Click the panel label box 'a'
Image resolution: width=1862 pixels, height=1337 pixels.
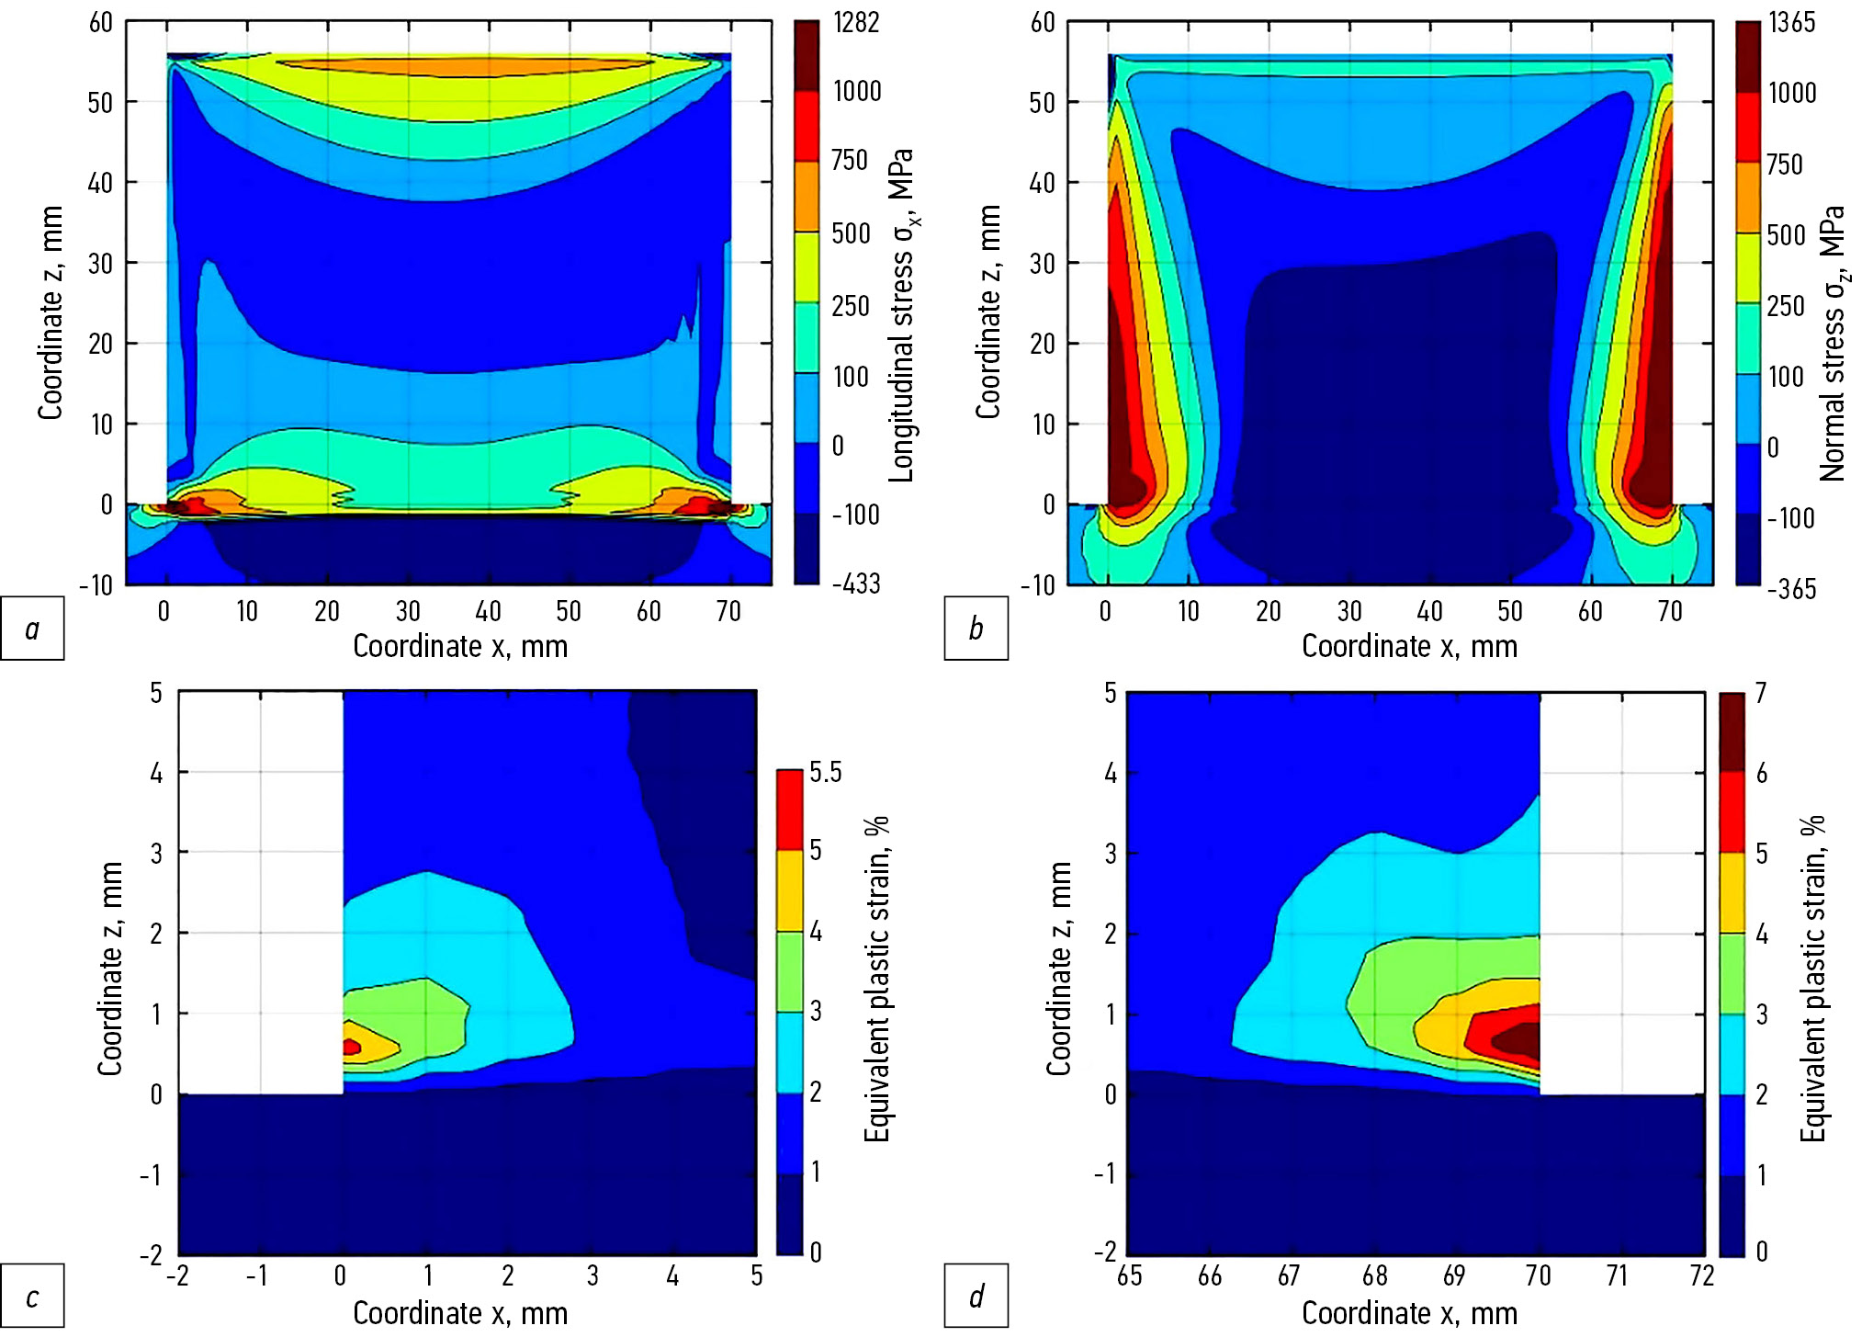[x=32, y=629]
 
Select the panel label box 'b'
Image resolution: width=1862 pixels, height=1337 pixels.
[x=976, y=629]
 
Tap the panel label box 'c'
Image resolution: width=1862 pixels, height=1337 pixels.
[x=32, y=1297]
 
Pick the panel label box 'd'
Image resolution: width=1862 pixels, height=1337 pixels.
[x=976, y=1297]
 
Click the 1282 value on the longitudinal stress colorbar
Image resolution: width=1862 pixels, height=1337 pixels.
[x=855, y=22]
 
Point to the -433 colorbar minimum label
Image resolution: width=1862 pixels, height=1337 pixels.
[x=855, y=584]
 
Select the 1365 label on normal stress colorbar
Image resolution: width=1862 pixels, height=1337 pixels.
[x=1791, y=22]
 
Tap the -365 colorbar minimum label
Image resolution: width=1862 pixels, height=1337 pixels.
[x=1790, y=589]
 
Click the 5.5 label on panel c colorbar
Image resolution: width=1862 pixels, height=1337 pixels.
[x=825, y=773]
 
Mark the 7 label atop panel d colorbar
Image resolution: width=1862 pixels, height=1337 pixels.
[x=1761, y=693]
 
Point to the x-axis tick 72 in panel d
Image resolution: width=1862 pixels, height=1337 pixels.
[x=1701, y=1275]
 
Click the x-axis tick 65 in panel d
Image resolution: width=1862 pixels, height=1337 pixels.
[x=1130, y=1275]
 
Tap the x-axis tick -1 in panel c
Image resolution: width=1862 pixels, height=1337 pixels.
[x=257, y=1275]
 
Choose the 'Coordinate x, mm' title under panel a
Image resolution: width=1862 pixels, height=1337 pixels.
[x=460, y=646]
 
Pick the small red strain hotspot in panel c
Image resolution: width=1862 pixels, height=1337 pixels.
[x=351, y=1047]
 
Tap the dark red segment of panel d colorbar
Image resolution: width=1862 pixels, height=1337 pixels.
[x=1732, y=732]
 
